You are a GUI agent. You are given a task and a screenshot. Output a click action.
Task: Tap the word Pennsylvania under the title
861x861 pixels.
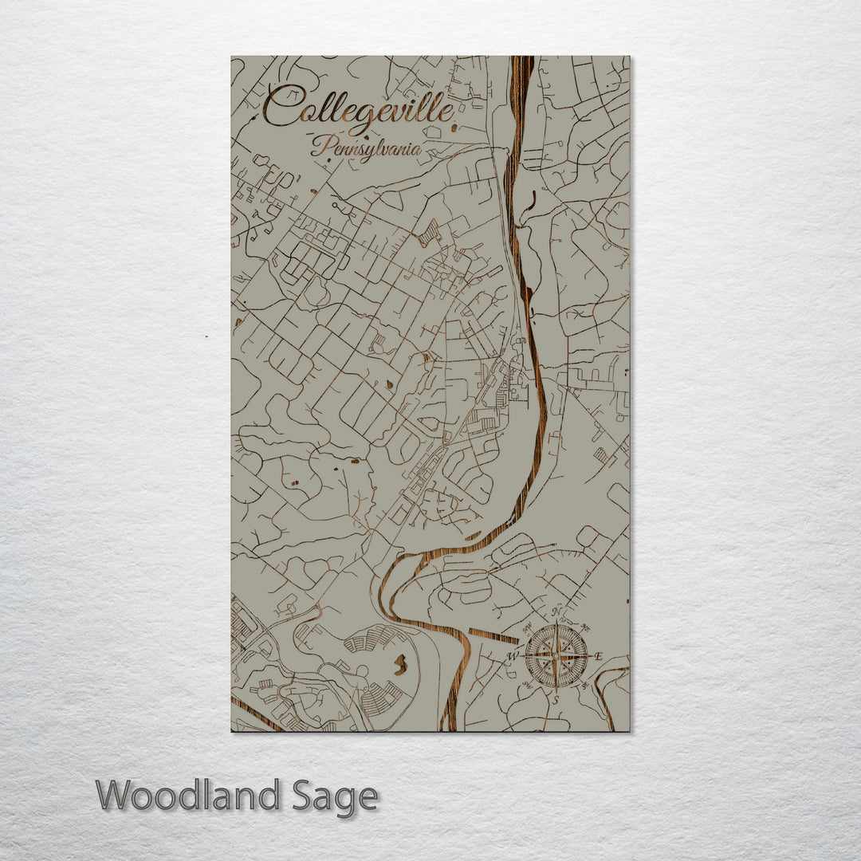367,147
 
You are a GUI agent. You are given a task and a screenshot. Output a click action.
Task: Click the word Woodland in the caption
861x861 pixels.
188,796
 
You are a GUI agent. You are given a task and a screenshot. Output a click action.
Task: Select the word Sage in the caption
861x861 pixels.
333,796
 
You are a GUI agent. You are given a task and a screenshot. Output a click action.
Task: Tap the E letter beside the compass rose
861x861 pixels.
599,657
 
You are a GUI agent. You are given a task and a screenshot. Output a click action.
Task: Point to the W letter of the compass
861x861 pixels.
513,656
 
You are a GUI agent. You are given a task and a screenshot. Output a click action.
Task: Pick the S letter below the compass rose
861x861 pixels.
556,699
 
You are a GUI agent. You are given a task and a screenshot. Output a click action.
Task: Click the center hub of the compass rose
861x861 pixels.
556,656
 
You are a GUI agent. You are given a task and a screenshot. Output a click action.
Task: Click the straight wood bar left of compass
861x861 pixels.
493,636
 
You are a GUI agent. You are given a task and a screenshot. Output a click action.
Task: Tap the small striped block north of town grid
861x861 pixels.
429,234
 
